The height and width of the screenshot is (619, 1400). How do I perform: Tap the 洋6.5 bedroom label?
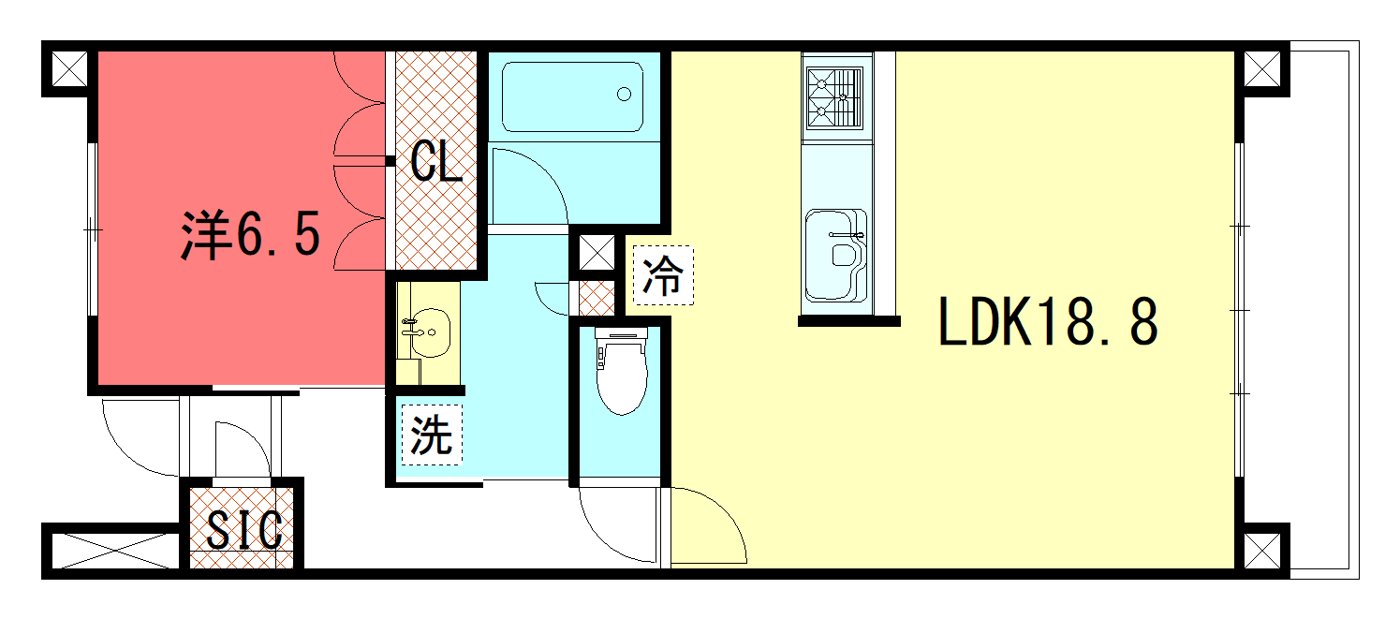point(251,234)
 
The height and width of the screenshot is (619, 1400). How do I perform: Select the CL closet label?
point(436,161)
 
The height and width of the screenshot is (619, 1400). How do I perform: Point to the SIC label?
point(244,530)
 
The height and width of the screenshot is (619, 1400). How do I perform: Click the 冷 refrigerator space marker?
point(663,275)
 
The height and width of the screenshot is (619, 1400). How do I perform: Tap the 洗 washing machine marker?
point(432,435)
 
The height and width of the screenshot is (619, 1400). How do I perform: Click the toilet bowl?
point(621,378)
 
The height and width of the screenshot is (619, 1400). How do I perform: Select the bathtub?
point(572,96)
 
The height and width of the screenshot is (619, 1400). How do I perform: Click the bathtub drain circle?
point(624,95)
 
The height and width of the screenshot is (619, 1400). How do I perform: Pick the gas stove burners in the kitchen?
point(834,98)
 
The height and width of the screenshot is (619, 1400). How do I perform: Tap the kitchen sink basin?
point(835,255)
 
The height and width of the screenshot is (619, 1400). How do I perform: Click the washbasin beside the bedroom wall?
point(430,332)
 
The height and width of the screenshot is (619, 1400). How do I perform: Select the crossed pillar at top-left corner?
point(69,68)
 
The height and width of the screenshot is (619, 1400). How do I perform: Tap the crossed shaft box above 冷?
point(597,253)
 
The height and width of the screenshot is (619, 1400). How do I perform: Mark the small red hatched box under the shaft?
point(597,298)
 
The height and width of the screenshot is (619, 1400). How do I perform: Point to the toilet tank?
point(621,334)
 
